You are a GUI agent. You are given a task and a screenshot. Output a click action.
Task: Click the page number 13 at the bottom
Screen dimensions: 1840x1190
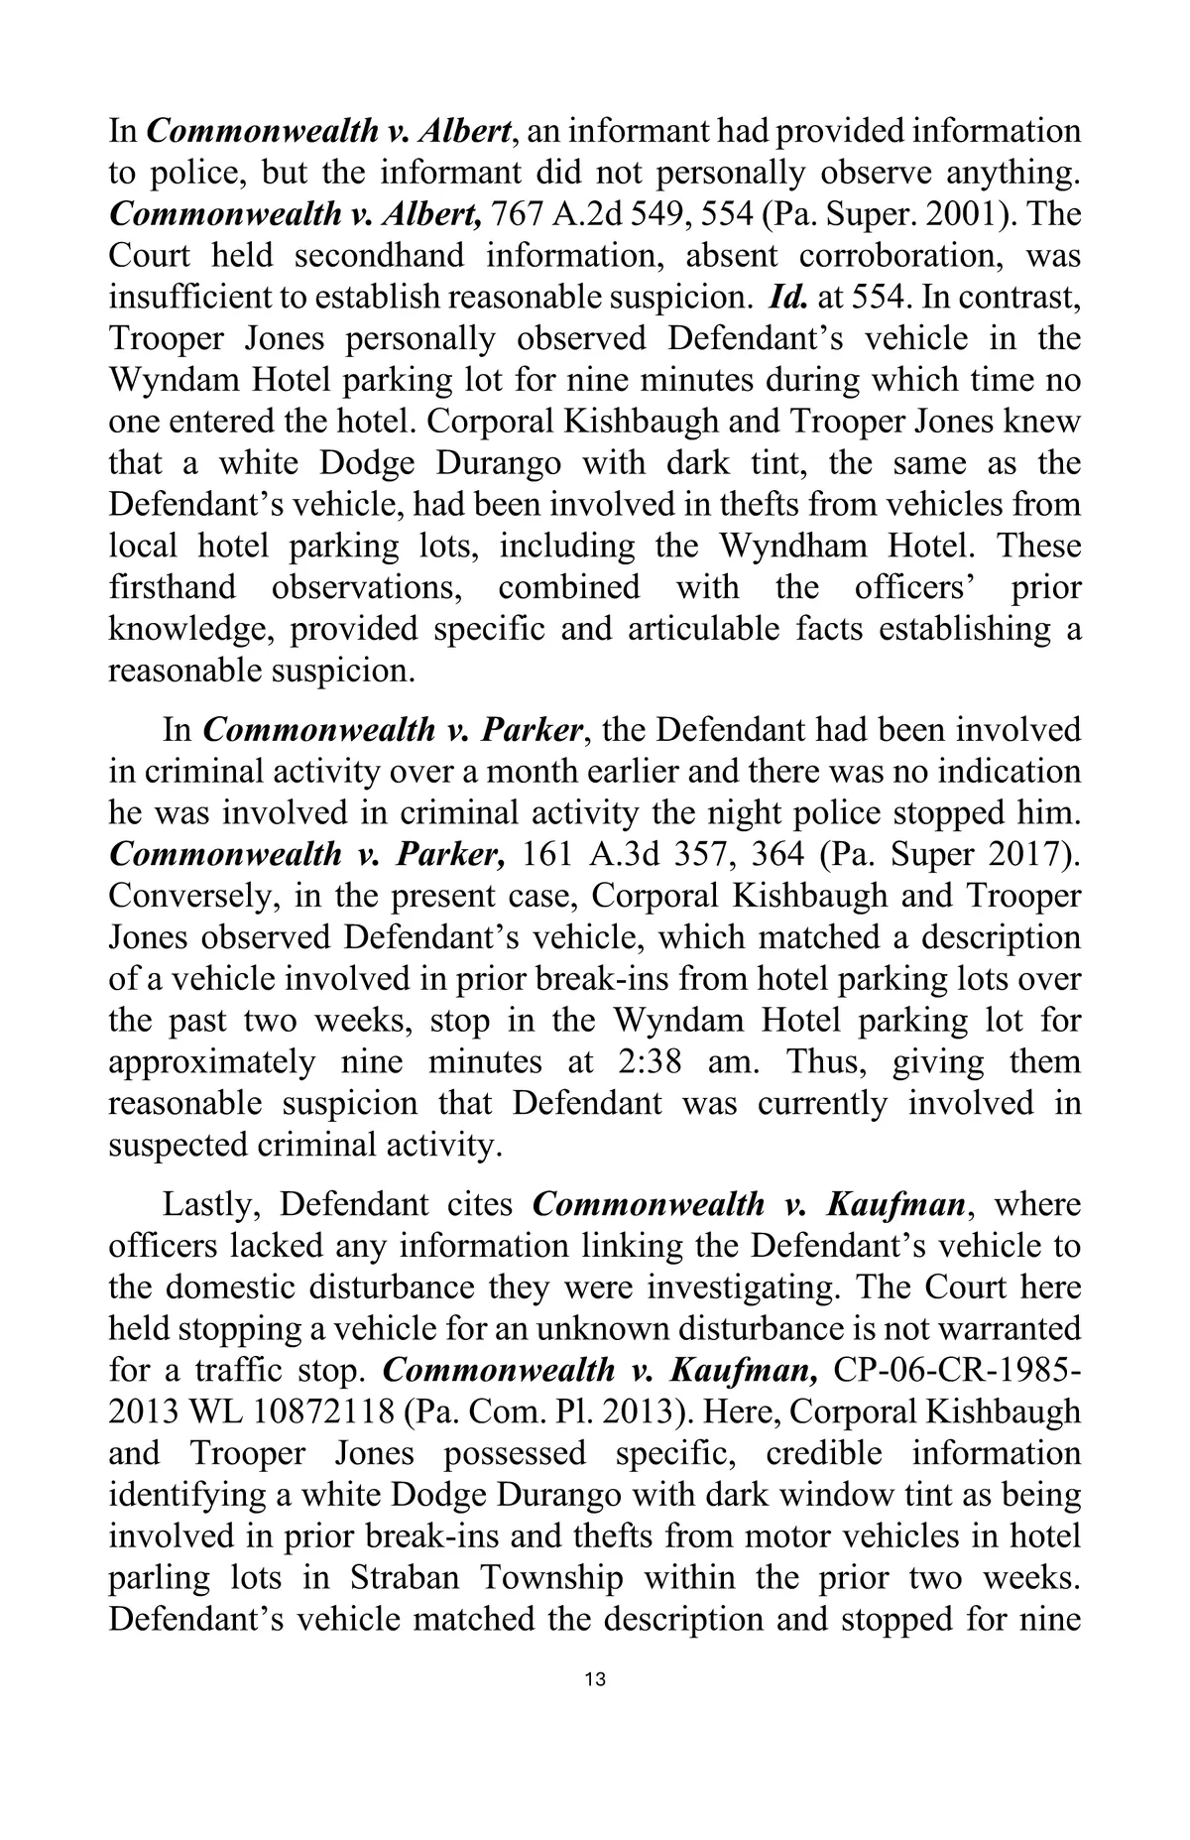(595, 1679)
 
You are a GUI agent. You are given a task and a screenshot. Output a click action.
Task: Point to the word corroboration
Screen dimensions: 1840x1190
(897, 256)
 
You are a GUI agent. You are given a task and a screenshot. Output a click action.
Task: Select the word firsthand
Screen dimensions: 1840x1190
(173, 587)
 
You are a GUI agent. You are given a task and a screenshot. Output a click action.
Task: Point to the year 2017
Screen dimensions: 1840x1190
(1026, 854)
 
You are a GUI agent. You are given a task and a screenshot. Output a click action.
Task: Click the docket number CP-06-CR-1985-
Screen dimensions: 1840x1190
(958, 1371)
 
